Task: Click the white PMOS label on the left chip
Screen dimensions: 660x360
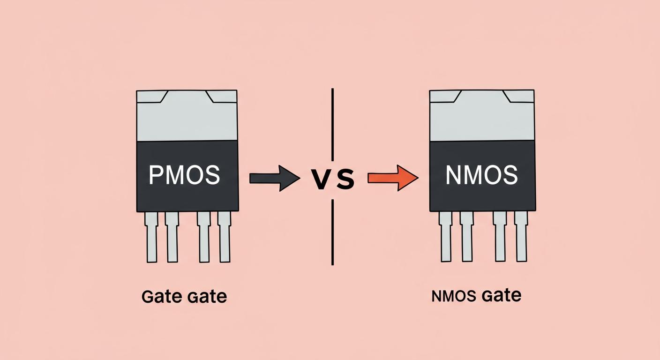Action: [184, 175]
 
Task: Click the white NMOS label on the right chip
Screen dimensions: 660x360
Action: [481, 175]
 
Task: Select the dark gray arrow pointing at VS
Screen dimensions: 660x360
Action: [275, 178]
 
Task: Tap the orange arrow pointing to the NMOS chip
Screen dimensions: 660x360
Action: [393, 178]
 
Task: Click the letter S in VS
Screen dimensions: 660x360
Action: [345, 179]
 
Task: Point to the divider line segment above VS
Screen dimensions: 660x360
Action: [333, 124]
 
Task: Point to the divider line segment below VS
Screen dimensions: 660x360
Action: [333, 232]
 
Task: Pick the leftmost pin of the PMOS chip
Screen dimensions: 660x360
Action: [151, 237]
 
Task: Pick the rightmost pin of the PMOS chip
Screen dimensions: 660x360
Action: [225, 237]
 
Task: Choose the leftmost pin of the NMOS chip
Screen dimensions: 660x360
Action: [445, 237]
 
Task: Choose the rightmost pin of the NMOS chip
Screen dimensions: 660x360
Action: [521, 237]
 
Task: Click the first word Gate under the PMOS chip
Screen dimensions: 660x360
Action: [161, 297]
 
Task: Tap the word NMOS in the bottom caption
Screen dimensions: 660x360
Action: [454, 296]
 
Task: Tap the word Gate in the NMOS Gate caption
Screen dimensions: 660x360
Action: [502, 295]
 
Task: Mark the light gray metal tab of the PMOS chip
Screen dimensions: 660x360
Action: [187, 116]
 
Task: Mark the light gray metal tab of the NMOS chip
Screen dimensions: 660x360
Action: [482, 115]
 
